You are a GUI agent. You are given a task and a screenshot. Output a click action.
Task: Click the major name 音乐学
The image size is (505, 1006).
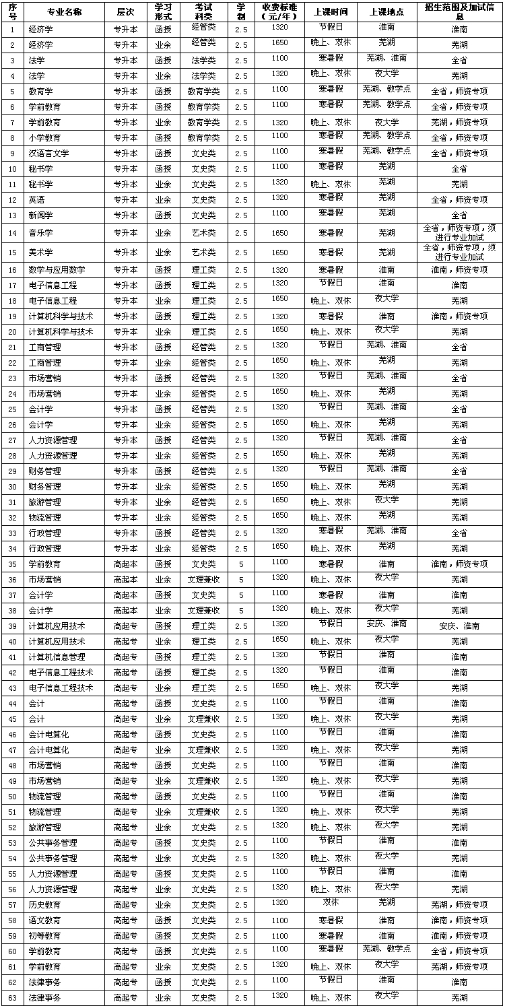(x=40, y=233)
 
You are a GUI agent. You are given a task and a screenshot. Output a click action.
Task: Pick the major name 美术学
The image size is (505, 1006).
(x=40, y=253)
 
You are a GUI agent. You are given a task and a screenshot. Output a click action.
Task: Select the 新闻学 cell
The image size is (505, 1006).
(x=40, y=215)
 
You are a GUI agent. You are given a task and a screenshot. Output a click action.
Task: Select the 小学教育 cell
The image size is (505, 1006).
(x=44, y=138)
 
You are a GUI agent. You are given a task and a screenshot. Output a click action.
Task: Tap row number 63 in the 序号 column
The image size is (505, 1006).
(x=13, y=999)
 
